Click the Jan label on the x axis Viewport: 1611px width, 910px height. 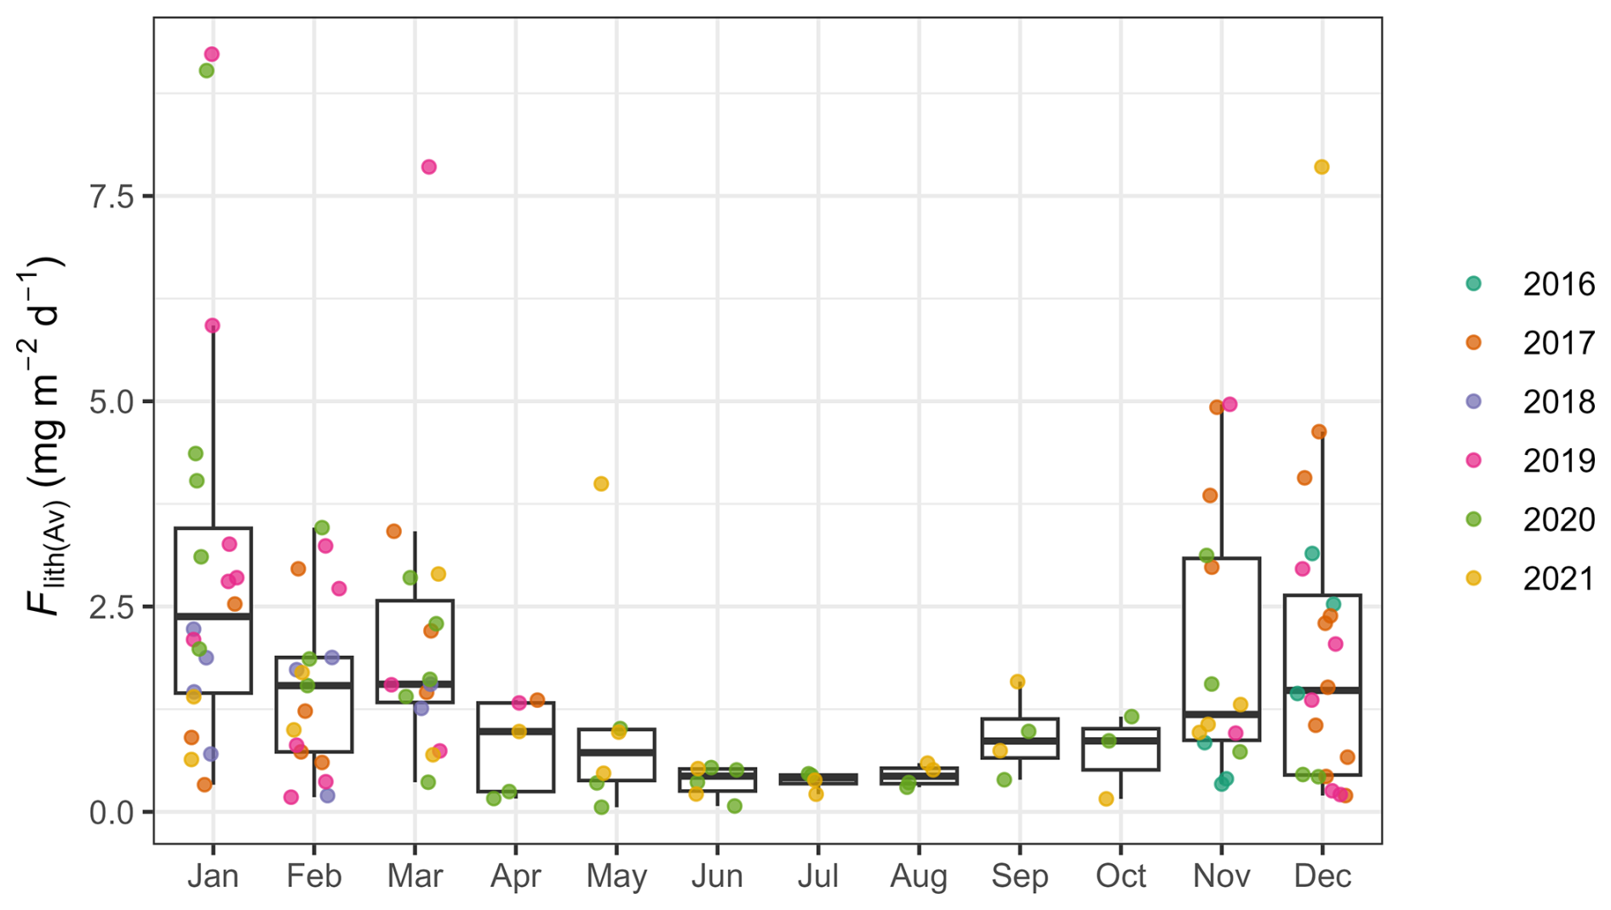[x=213, y=876]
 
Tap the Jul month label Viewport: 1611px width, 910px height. [x=817, y=876]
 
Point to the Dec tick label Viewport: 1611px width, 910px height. [x=1321, y=876]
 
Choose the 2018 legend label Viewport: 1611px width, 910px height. [x=1558, y=402]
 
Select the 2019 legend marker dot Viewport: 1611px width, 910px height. [x=1473, y=460]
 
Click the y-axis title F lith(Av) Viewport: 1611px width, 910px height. [x=43, y=435]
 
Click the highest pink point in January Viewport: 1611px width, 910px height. [x=212, y=55]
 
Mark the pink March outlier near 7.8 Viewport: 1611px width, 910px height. [x=429, y=167]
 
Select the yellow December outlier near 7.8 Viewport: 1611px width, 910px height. [x=1321, y=167]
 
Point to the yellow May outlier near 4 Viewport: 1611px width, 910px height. [x=601, y=484]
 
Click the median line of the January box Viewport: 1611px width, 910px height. [x=213, y=616]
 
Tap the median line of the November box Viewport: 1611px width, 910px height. [x=1222, y=714]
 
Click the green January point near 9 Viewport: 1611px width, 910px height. [x=206, y=71]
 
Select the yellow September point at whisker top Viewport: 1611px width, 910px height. [x=1017, y=682]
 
